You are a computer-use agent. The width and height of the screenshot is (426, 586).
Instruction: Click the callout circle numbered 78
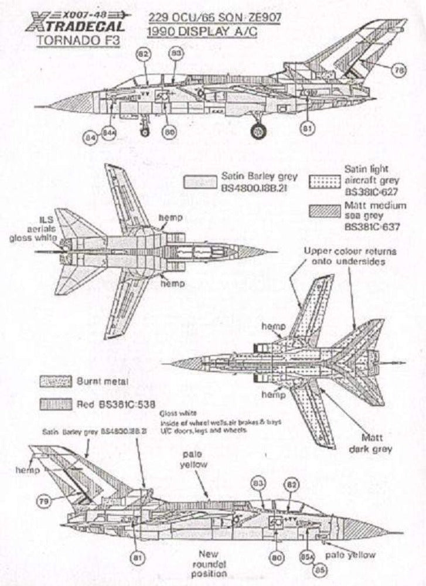[398, 70]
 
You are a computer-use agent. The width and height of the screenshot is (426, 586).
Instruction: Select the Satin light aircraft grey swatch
[326, 181]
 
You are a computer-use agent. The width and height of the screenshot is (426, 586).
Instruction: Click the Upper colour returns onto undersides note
[350, 256]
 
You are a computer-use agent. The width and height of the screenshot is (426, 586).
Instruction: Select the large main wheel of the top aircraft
[258, 131]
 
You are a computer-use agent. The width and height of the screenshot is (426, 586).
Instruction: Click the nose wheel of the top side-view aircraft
[145, 132]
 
